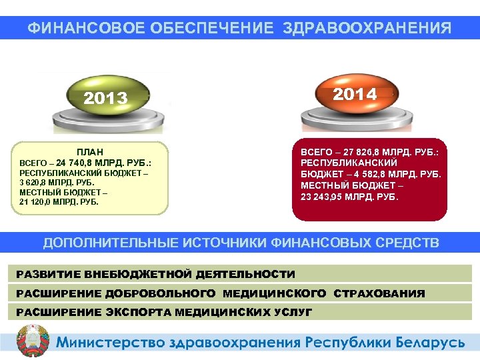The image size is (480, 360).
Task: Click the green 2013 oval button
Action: pyautogui.click(x=105, y=98)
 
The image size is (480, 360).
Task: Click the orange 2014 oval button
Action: pyautogui.click(x=355, y=94)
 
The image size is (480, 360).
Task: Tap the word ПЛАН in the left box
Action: pyautogui.click(x=89, y=151)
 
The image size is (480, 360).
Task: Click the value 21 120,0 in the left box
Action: pyautogui.click(x=37, y=201)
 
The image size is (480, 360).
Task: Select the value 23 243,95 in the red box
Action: pyautogui.click(x=327, y=197)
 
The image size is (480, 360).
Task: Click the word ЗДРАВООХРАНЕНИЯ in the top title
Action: pyautogui.click(x=367, y=28)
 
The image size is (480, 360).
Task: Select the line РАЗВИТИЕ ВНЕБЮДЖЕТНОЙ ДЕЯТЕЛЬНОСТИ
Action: pyautogui.click(x=155, y=274)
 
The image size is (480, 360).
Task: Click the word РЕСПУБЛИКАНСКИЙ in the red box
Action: pyautogui.click(x=349, y=163)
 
